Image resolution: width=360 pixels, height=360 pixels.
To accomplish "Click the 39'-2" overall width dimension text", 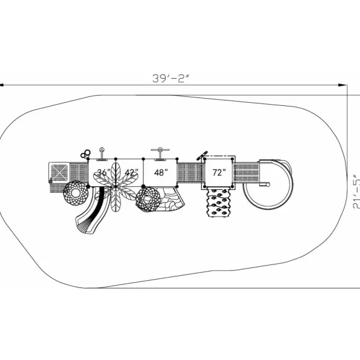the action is click(171, 79).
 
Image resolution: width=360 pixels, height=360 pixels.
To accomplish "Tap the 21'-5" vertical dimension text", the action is click(356, 191).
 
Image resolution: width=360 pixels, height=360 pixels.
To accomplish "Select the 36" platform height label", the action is click(103, 172).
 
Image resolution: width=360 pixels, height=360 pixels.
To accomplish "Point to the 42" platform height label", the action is click(131, 172).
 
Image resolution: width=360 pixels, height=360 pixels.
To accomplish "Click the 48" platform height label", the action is click(161, 172).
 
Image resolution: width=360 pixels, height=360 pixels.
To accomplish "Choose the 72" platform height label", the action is click(219, 172).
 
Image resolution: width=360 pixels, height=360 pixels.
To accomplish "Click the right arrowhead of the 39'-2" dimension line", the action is click(343, 85).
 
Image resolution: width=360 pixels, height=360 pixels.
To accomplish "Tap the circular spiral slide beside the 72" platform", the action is click(268, 184).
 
